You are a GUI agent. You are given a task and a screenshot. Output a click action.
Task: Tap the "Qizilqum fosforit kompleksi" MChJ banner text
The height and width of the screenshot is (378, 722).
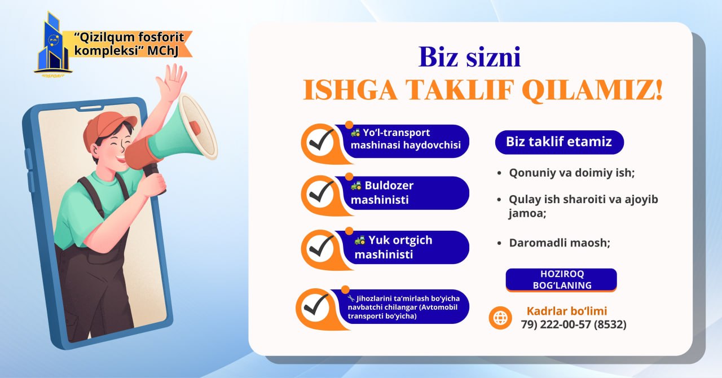pyautogui.click(x=129, y=44)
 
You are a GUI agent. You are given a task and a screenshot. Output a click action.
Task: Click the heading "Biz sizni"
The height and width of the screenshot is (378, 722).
pyautogui.click(x=470, y=57)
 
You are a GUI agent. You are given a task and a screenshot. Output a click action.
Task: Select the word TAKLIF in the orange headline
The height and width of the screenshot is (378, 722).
pyautogui.click(x=459, y=90)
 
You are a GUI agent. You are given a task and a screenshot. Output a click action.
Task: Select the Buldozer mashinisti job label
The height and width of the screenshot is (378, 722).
pyautogui.click(x=382, y=192)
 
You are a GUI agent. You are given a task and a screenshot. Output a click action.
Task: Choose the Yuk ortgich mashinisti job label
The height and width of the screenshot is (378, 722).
pyautogui.click(x=393, y=247)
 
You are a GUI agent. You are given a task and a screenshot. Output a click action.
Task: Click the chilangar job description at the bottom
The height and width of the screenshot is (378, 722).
pyautogui.click(x=403, y=307)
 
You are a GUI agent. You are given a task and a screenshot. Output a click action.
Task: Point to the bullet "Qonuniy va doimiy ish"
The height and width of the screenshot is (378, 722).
pyautogui.click(x=572, y=173)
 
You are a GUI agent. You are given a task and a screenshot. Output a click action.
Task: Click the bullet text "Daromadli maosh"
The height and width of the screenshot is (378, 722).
pyautogui.click(x=560, y=243)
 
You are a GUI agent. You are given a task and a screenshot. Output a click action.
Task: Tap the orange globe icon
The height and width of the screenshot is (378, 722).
pyautogui.click(x=500, y=318)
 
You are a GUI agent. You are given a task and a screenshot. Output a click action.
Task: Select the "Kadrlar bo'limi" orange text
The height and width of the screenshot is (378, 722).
pyautogui.click(x=567, y=311)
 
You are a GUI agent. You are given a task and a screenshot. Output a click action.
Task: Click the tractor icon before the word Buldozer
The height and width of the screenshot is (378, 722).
pyautogui.click(x=356, y=186)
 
